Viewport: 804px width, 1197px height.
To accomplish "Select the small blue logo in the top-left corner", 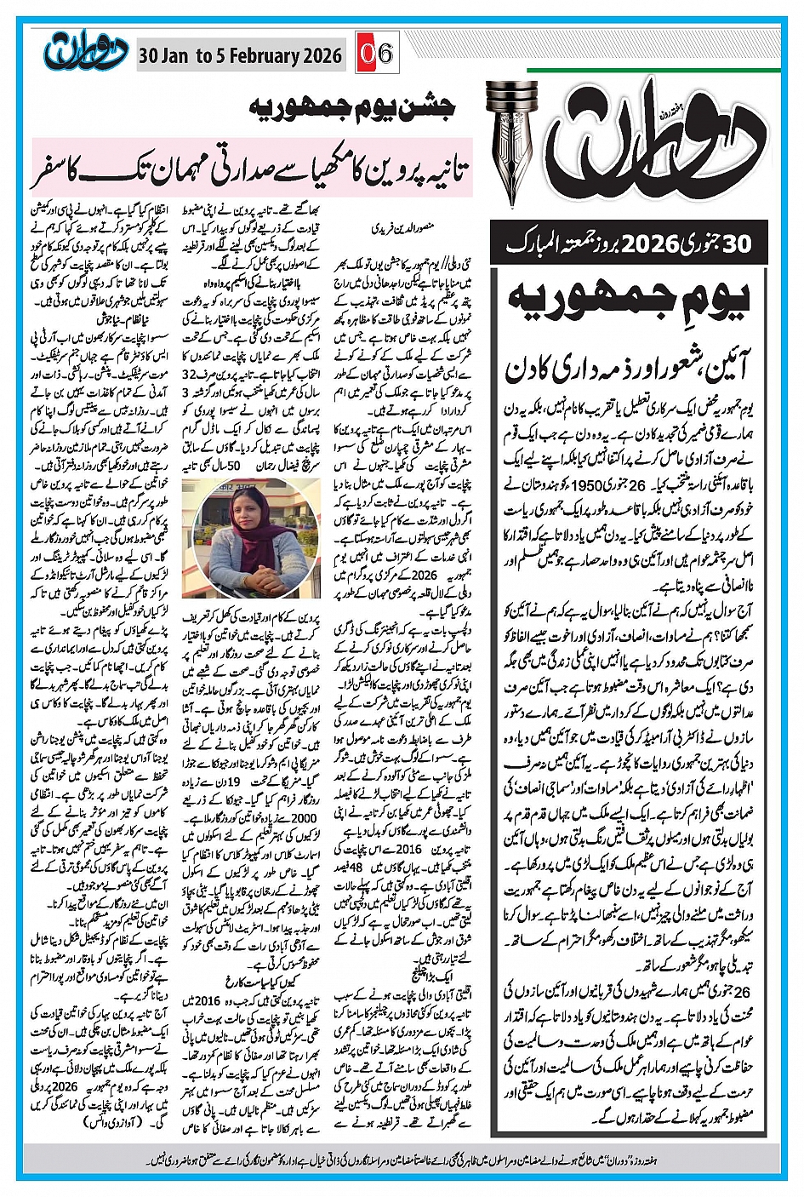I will [x=83, y=53].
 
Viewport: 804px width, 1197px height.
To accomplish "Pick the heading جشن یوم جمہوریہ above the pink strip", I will [x=352, y=108].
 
